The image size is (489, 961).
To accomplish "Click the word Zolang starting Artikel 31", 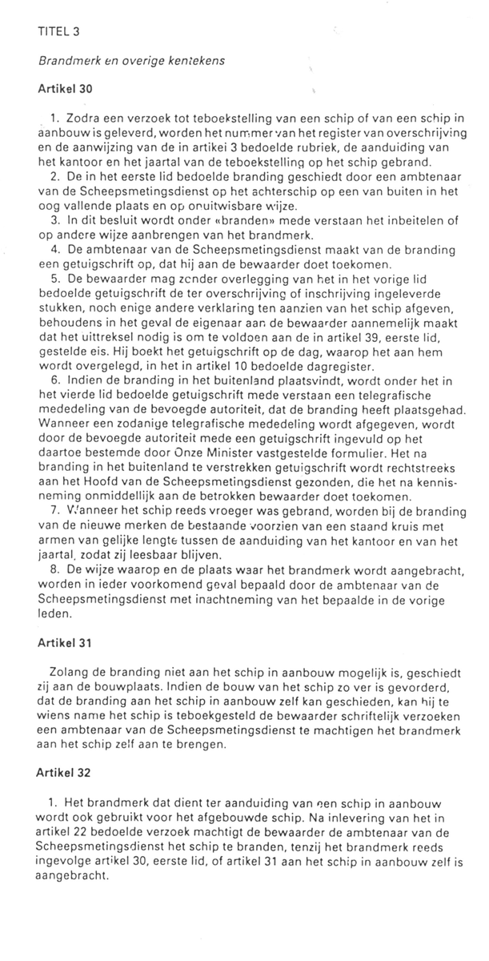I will coord(70,672).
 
